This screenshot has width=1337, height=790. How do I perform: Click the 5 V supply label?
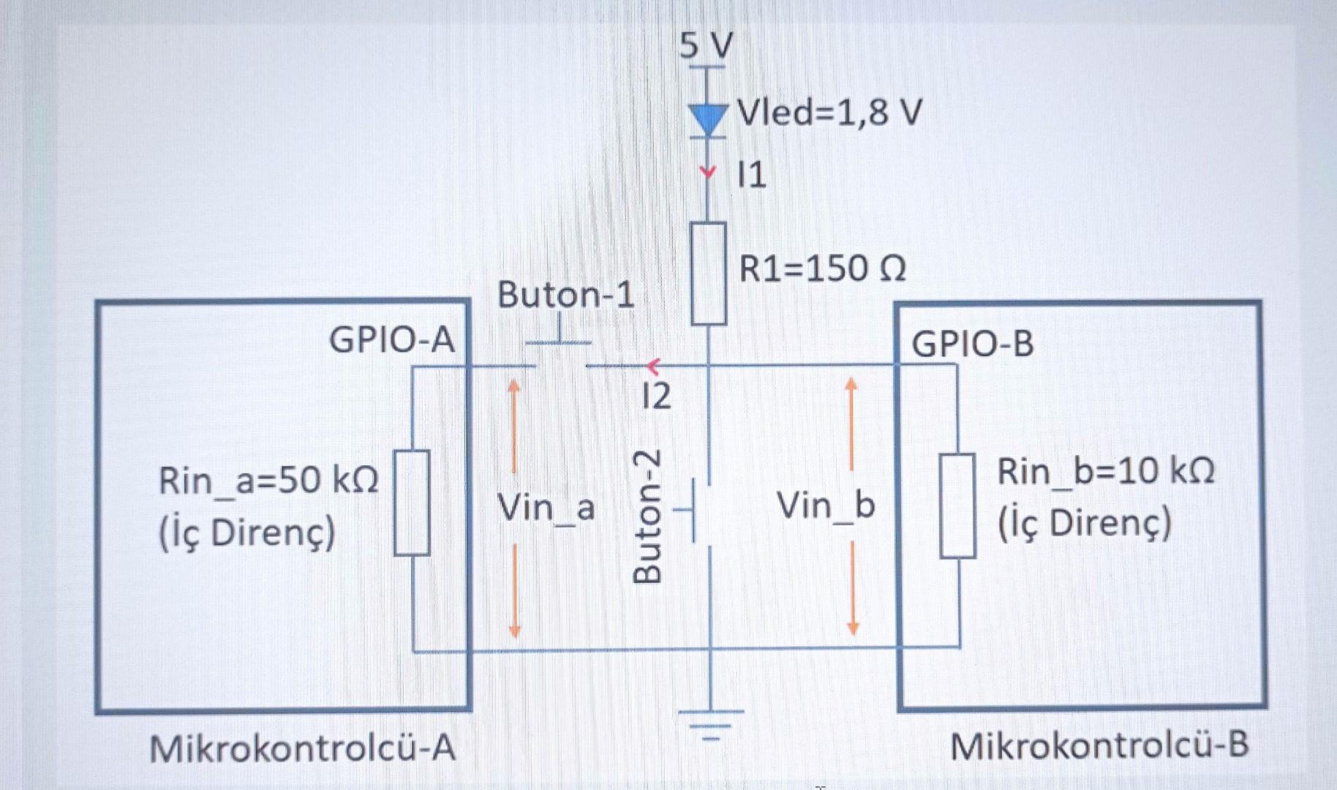[x=706, y=45]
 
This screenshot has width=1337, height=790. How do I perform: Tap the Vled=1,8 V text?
[x=829, y=113]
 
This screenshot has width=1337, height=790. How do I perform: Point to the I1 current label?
[x=752, y=176]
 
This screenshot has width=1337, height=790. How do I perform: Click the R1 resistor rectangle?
[x=709, y=274]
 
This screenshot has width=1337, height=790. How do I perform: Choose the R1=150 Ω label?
[x=822, y=269]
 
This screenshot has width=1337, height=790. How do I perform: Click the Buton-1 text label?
[x=565, y=296]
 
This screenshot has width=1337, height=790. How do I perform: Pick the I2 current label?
[x=656, y=396]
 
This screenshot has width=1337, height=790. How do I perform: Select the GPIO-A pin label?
[x=392, y=340]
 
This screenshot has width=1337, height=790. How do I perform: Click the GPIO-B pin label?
[x=972, y=344]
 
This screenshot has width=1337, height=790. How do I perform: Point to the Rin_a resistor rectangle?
[x=412, y=503]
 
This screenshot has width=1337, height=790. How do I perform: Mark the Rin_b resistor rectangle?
[x=957, y=505]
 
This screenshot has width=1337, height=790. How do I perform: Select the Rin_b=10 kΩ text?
[x=1105, y=472]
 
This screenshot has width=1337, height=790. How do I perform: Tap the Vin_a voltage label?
[x=546, y=508]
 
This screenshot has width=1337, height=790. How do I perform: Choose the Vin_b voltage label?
[x=826, y=505]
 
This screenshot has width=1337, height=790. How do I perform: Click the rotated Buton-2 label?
[x=647, y=516]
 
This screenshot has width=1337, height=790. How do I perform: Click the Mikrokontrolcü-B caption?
[x=1099, y=747]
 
